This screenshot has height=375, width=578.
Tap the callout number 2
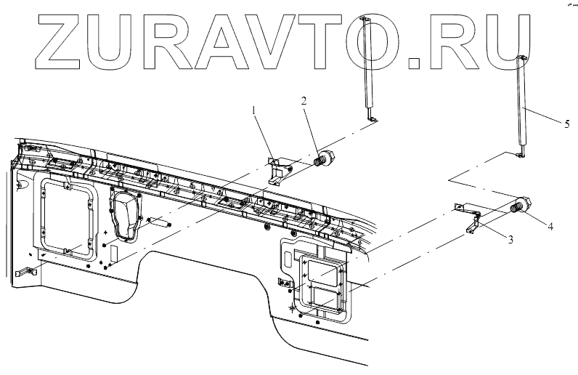click(304, 101)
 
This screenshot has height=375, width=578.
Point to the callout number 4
click(550, 227)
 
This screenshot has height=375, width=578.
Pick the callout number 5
click(566, 124)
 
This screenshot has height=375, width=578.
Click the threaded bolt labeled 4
click(521, 206)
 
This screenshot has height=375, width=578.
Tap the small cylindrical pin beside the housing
click(159, 222)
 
